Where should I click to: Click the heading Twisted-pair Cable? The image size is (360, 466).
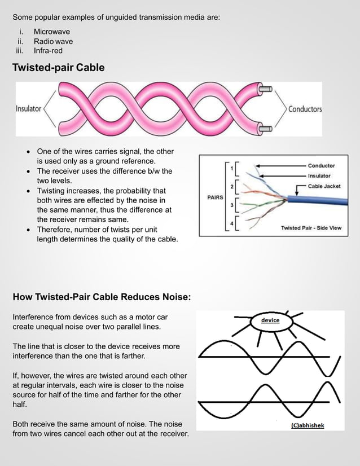pos(59,68)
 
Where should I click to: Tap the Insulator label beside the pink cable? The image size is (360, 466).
pos(28,109)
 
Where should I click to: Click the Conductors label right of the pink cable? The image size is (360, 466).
pos(305,109)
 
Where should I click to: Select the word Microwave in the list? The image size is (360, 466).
pos(52,32)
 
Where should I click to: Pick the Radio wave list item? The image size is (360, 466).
pos(53,41)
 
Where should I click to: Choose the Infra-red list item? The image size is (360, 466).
pos(48,51)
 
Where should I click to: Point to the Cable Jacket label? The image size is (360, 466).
pos(324,186)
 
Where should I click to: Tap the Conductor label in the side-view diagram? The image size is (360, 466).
pos(321,166)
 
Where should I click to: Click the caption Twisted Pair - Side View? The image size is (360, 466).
pos(311,228)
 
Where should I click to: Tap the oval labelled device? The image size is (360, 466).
pos(270,320)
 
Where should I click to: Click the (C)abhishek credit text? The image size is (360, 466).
pos(308,425)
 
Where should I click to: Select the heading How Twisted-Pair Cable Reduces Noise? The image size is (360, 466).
pos(102,297)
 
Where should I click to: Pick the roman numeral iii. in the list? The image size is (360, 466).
pos(22,51)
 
